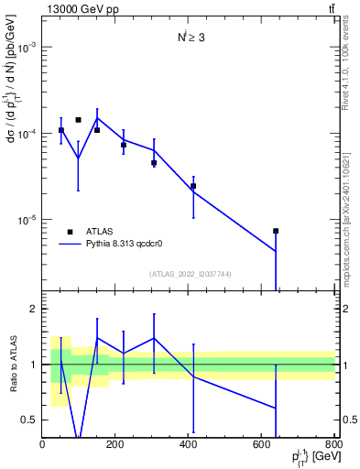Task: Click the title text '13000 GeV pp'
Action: click(82, 9)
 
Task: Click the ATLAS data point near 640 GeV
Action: click(276, 231)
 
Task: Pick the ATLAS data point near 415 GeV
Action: click(193, 186)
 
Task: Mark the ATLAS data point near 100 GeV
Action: click(79, 120)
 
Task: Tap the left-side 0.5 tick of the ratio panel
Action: click(29, 420)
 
